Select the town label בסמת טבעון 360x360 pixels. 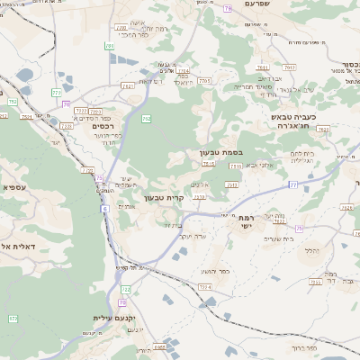221,153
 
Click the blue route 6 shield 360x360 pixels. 104,208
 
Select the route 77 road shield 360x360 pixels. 293,184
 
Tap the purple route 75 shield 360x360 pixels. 299,228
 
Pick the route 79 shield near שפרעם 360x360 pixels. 229,7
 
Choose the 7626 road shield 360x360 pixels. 347,207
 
